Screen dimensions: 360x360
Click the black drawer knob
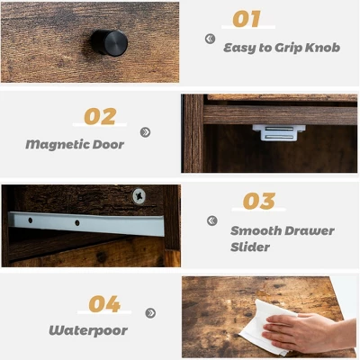[108, 41]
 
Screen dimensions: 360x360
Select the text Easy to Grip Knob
[282, 47]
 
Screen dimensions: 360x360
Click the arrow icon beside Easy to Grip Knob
[210, 39]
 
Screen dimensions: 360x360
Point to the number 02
[100, 116]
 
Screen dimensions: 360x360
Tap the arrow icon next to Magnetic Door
[145, 132]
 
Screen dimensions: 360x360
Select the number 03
[258, 202]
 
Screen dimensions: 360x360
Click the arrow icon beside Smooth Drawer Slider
[211, 220]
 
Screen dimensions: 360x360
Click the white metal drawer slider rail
[85, 224]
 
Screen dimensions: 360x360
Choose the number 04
[104, 304]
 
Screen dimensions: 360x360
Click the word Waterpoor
[87, 330]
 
